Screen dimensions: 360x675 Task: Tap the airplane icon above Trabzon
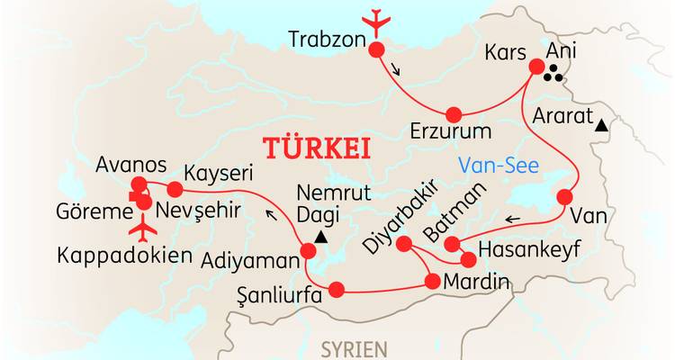coord(372,20)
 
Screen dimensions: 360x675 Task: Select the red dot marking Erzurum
coord(453,114)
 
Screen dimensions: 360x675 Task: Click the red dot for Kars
coord(536,66)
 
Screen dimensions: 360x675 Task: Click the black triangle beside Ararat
coord(600,128)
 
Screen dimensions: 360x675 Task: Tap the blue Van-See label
coord(496,165)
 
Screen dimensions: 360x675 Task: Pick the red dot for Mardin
coord(431,282)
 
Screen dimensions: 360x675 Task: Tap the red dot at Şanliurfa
coord(336,290)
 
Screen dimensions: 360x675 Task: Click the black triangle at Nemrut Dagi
coord(320,238)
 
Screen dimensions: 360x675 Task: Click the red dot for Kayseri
coord(175,190)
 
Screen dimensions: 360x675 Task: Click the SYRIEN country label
coord(355,348)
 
